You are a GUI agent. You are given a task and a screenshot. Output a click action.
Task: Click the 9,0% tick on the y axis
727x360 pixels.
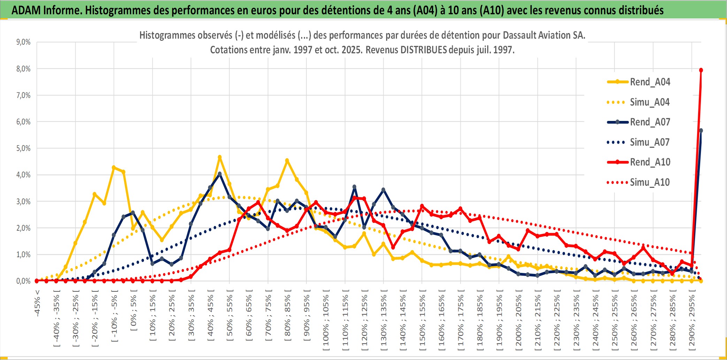(23, 42)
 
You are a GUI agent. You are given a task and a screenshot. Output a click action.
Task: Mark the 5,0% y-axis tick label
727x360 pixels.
(23, 148)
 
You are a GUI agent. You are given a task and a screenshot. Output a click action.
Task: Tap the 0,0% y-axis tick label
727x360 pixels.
(23, 281)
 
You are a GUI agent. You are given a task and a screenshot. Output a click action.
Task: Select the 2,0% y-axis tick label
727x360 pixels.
(23, 228)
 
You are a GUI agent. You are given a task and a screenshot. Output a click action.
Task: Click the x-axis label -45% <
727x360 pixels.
(37, 303)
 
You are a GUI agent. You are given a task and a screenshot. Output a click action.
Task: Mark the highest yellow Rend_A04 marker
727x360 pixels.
(220, 157)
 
